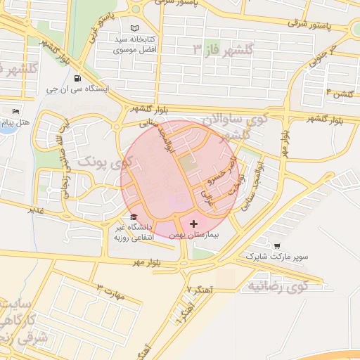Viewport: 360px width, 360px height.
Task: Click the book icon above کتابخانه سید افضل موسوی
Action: coord(134,29)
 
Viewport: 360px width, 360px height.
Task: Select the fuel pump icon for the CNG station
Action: coord(76,78)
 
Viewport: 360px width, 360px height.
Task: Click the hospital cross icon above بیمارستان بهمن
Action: coord(194,223)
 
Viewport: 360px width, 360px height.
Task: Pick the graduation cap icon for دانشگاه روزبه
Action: coord(134,217)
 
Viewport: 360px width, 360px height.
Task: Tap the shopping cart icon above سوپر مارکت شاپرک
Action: coord(277,246)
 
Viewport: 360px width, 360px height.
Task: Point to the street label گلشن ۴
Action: coord(338,93)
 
